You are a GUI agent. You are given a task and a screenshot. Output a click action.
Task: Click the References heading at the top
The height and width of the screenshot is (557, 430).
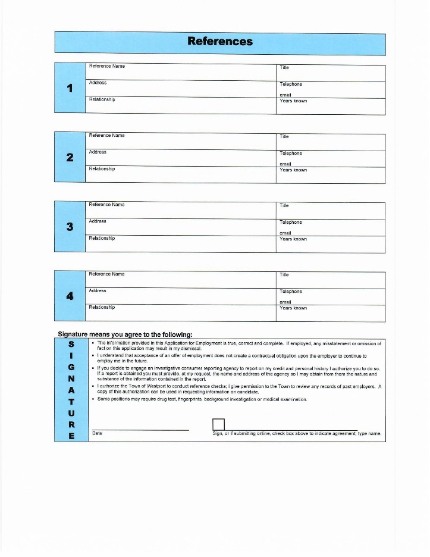220,41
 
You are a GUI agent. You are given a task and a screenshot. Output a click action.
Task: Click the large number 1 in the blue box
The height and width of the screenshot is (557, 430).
70,88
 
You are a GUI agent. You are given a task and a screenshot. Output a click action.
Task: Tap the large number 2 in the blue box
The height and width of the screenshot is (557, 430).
70,158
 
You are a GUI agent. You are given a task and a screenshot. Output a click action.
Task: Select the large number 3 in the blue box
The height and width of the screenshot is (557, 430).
70,227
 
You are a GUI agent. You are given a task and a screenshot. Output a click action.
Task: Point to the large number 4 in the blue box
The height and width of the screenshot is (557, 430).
70,296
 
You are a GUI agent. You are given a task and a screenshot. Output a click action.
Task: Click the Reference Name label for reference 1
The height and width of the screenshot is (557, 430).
106,66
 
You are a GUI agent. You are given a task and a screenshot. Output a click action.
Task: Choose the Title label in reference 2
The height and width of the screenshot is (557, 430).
284,137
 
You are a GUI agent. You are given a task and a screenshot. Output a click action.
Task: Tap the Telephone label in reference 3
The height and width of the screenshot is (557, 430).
291,223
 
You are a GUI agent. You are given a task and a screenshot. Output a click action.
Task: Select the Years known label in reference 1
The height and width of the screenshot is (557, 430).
293,101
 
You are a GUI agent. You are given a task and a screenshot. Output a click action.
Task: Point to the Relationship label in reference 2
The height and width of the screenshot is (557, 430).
102,169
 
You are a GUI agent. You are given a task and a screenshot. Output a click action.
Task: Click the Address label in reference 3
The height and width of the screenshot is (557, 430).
98,221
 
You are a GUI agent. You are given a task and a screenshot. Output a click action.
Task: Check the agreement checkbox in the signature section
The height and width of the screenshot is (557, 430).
218,424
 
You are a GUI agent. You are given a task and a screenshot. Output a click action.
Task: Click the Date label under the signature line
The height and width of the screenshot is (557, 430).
98,433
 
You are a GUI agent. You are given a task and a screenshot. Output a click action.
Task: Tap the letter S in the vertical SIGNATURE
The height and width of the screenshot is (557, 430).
71,344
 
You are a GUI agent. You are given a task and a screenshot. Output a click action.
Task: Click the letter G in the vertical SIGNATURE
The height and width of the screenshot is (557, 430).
71,367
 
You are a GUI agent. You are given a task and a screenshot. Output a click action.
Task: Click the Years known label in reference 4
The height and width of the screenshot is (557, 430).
293,308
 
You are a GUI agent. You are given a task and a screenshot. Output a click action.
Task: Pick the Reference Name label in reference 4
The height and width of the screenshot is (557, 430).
106,274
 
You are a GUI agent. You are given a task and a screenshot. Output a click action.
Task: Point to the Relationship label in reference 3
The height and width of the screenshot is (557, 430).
102,238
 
